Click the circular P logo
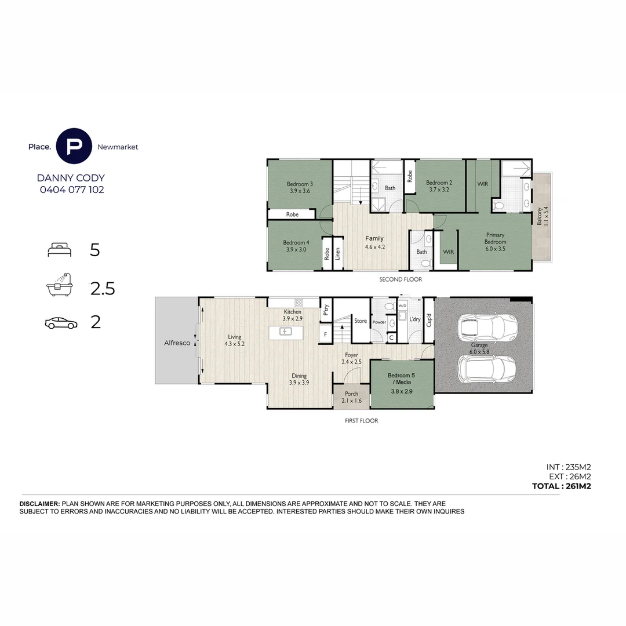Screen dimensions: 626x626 point(74,147)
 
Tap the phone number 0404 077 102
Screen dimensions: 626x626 point(71,190)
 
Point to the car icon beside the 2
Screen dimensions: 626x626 point(61,323)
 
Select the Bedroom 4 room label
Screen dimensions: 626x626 point(296,246)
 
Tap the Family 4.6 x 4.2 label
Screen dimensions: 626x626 point(374,242)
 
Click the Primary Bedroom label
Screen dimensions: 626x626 point(495,238)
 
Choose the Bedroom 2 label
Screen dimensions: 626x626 point(439,185)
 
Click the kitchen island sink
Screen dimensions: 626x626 point(286,332)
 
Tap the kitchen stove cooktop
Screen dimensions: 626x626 point(299,303)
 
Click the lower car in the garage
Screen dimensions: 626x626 point(486,369)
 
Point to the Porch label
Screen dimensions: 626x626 point(351,397)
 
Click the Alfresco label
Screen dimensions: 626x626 point(177,343)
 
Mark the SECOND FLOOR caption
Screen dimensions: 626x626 point(401,279)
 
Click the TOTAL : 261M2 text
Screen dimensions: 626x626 point(561,486)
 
